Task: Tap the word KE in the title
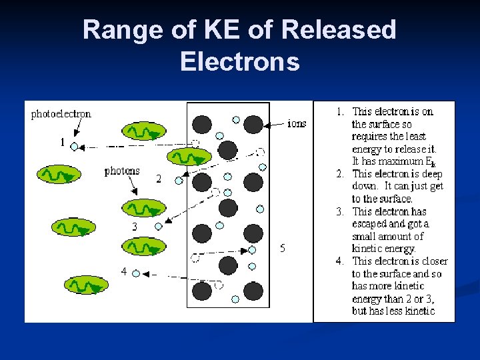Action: [203, 30]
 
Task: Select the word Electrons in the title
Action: [239, 61]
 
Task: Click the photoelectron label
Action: [61, 114]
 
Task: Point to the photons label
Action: [122, 171]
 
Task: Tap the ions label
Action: [296, 123]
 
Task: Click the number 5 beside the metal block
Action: [283, 248]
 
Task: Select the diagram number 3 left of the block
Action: [135, 227]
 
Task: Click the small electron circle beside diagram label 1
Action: [74, 146]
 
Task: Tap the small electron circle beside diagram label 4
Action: [136, 273]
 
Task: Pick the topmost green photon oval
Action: [142, 132]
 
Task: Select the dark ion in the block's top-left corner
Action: [202, 124]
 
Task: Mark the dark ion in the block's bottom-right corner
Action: [253, 291]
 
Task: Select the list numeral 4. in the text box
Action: [340, 261]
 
